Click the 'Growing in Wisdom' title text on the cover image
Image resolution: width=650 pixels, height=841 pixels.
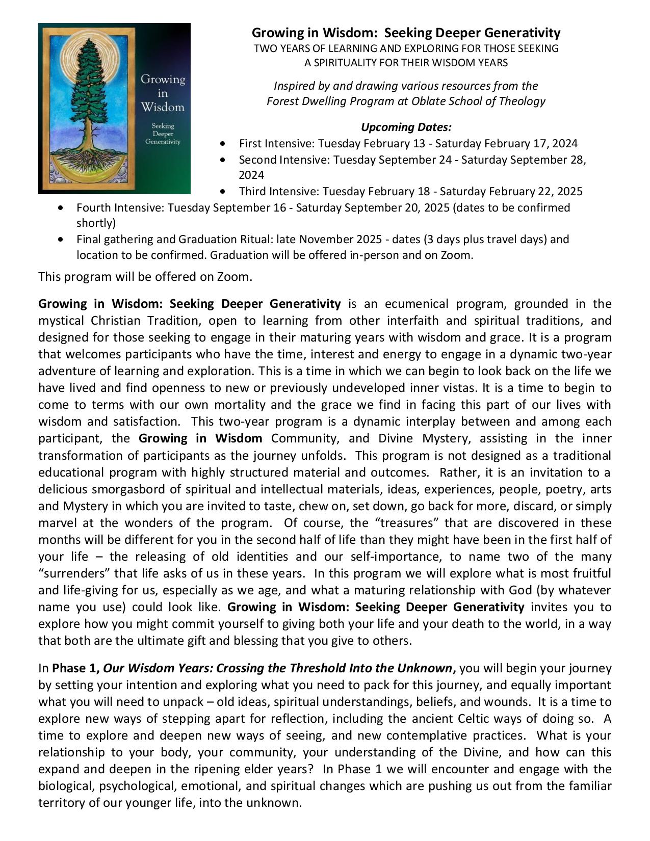pos(163,93)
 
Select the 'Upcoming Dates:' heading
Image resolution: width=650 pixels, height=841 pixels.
pos(406,127)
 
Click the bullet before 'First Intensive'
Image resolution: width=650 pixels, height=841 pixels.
pos(222,144)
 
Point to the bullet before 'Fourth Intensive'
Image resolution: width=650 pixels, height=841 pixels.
pos(61,208)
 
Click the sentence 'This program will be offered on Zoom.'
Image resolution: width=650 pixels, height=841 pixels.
pos(145,277)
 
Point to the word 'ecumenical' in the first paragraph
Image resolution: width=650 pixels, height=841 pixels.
pos(416,304)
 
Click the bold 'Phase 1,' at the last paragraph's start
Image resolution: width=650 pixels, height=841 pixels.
pos(75,668)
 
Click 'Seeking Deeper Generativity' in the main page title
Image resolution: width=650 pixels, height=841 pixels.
pos(472,33)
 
